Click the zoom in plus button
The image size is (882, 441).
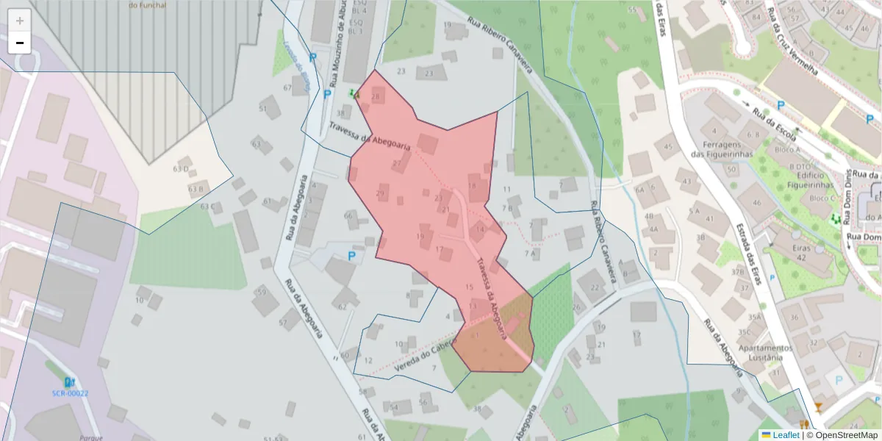tap(20, 21)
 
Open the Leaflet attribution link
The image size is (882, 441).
tap(785, 435)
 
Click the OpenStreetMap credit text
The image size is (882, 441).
tap(845, 435)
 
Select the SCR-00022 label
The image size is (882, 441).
tap(70, 393)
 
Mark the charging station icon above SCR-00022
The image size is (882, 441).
tap(69, 382)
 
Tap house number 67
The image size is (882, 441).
tap(287, 87)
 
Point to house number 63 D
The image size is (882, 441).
tap(181, 169)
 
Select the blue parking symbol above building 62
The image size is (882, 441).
tap(351, 256)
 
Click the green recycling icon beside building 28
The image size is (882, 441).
tap(354, 94)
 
